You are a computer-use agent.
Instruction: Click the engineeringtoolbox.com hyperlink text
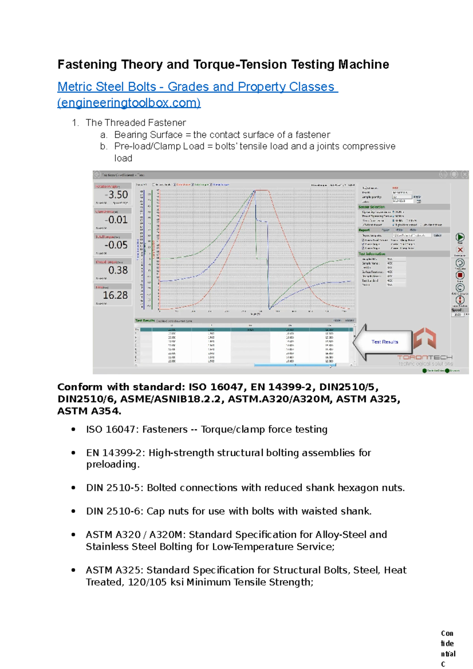click(129, 103)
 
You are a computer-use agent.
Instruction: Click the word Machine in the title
click(363, 64)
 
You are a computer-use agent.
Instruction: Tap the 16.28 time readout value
click(115, 295)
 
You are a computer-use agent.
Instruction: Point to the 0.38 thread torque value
click(118, 270)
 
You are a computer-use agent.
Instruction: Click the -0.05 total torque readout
click(116, 245)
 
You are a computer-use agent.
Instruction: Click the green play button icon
click(460, 237)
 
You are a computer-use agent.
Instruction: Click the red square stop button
click(460, 275)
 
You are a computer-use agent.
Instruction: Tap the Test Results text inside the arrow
click(385, 342)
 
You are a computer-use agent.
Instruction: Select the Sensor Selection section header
click(372, 207)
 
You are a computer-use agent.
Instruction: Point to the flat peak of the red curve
click(262, 191)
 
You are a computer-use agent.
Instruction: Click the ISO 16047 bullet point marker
click(73, 429)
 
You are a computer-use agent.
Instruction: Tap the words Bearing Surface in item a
click(148, 135)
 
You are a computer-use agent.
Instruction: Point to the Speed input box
click(458, 315)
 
